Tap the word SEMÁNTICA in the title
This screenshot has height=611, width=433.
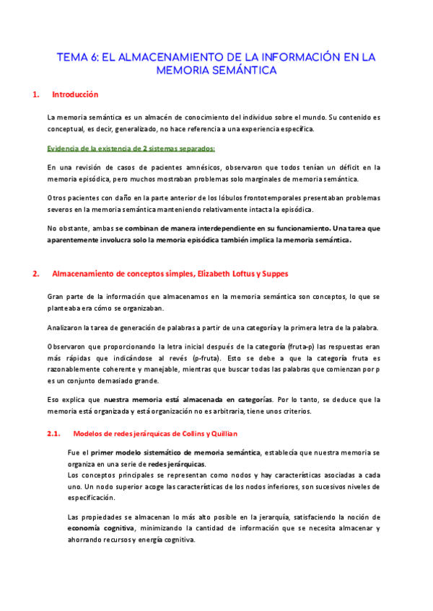tap(242, 71)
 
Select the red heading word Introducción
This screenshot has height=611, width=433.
tap(75, 94)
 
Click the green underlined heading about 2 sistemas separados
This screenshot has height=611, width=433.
tap(131, 148)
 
